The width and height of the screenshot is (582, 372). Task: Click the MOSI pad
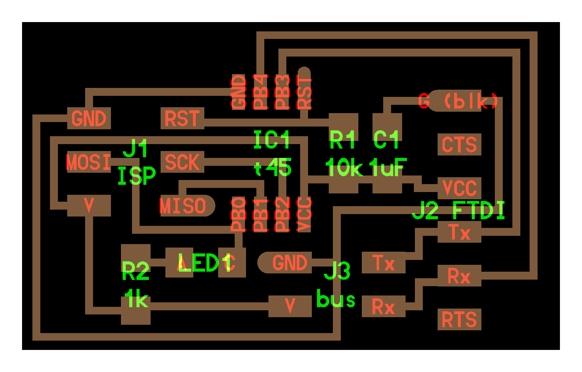(x=89, y=162)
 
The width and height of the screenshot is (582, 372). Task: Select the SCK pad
(x=182, y=162)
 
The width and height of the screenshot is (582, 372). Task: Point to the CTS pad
(x=459, y=144)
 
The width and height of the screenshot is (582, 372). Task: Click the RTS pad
(x=459, y=320)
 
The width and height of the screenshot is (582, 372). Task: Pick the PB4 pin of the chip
(x=261, y=92)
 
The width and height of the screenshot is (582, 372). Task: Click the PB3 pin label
(x=282, y=92)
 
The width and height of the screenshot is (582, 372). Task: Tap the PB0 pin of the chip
(x=239, y=214)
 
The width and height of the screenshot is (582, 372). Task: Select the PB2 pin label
(x=282, y=214)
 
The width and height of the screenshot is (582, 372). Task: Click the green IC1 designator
(x=272, y=140)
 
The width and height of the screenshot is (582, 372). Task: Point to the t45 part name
(x=273, y=168)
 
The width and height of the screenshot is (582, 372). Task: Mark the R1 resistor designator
(x=342, y=140)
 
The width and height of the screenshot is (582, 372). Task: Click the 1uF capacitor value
(x=388, y=168)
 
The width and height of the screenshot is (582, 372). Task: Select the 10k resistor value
(x=344, y=168)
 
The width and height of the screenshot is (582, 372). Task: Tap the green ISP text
(x=136, y=176)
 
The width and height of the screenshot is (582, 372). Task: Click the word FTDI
(x=479, y=210)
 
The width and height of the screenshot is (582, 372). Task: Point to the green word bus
(x=336, y=299)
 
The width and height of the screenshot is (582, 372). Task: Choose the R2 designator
(x=135, y=271)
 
